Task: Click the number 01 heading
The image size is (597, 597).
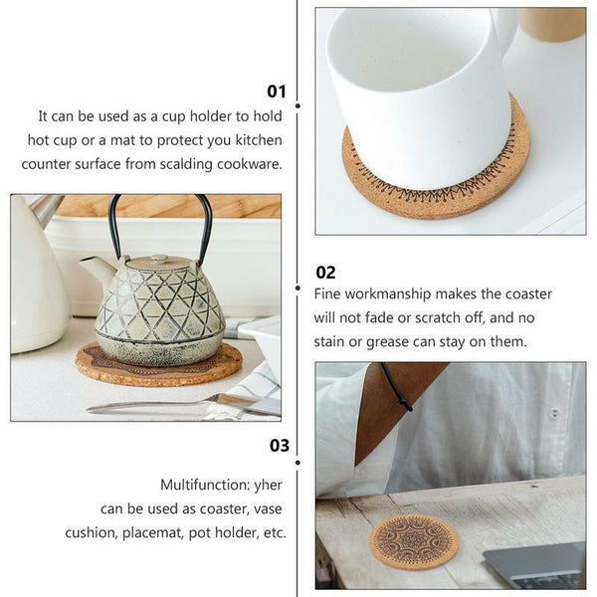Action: pyautogui.click(x=276, y=92)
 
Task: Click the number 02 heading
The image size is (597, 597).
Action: pyautogui.click(x=325, y=272)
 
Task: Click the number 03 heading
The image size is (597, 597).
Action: pyautogui.click(x=279, y=445)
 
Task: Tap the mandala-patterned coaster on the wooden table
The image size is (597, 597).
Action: pyautogui.click(x=413, y=538)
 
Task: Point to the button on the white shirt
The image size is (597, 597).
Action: pyautogui.click(x=554, y=412)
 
